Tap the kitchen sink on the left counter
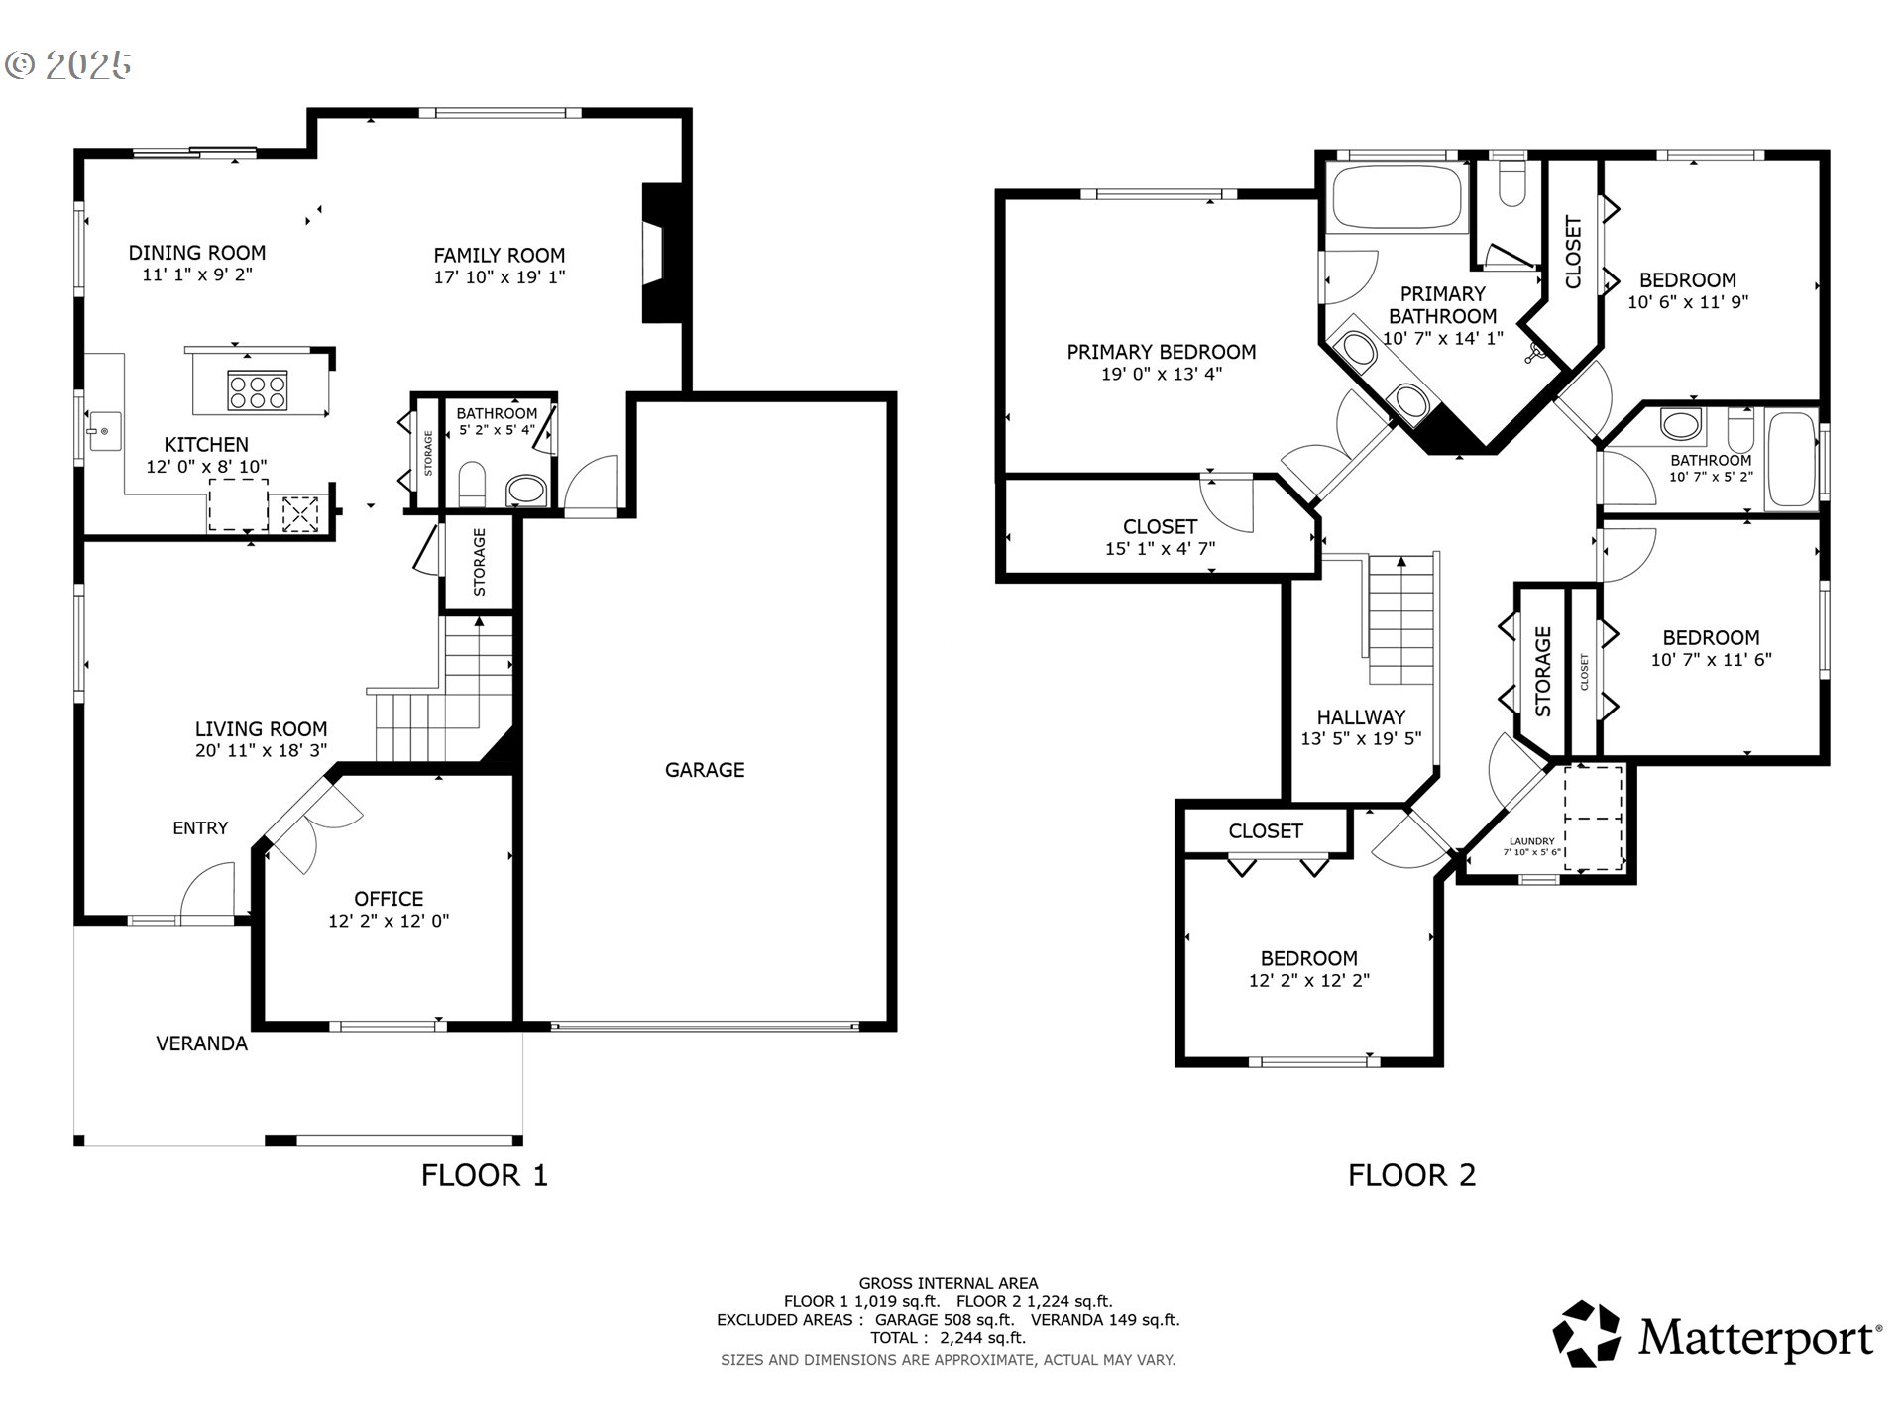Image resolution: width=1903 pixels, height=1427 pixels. pyautogui.click(x=102, y=431)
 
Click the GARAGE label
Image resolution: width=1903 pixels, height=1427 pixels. pyautogui.click(x=705, y=770)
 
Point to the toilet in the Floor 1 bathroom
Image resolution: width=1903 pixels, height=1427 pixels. pyautogui.click(x=473, y=485)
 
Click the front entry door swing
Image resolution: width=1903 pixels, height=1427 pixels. pyautogui.click(x=207, y=889)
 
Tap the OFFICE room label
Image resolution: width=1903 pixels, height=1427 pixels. pyautogui.click(x=389, y=899)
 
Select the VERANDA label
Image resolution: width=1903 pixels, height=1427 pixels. pyautogui.click(x=202, y=1043)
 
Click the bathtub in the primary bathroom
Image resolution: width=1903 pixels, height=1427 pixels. pyautogui.click(x=1399, y=197)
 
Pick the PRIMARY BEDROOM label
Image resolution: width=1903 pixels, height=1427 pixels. pyautogui.click(x=1162, y=352)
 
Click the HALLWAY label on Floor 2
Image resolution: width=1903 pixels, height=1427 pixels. pyautogui.click(x=1361, y=717)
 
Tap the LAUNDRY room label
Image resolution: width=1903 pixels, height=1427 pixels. pyautogui.click(x=1532, y=841)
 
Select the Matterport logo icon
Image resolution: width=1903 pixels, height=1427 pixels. pyautogui.click(x=1587, y=1334)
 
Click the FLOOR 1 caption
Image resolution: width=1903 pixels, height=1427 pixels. pyautogui.click(x=485, y=1175)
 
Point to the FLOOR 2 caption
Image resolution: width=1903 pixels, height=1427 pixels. pyautogui.click(x=1412, y=1175)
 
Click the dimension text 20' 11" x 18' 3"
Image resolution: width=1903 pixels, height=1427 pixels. pyautogui.click(x=262, y=751)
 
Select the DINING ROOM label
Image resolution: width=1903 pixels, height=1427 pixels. pyautogui.click(x=197, y=253)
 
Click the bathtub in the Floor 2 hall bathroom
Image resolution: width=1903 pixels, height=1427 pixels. pyautogui.click(x=1792, y=460)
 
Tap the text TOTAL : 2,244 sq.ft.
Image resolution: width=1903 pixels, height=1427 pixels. pyautogui.click(x=949, y=1338)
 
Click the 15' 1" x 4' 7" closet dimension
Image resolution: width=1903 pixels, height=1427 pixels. pyautogui.click(x=1161, y=549)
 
